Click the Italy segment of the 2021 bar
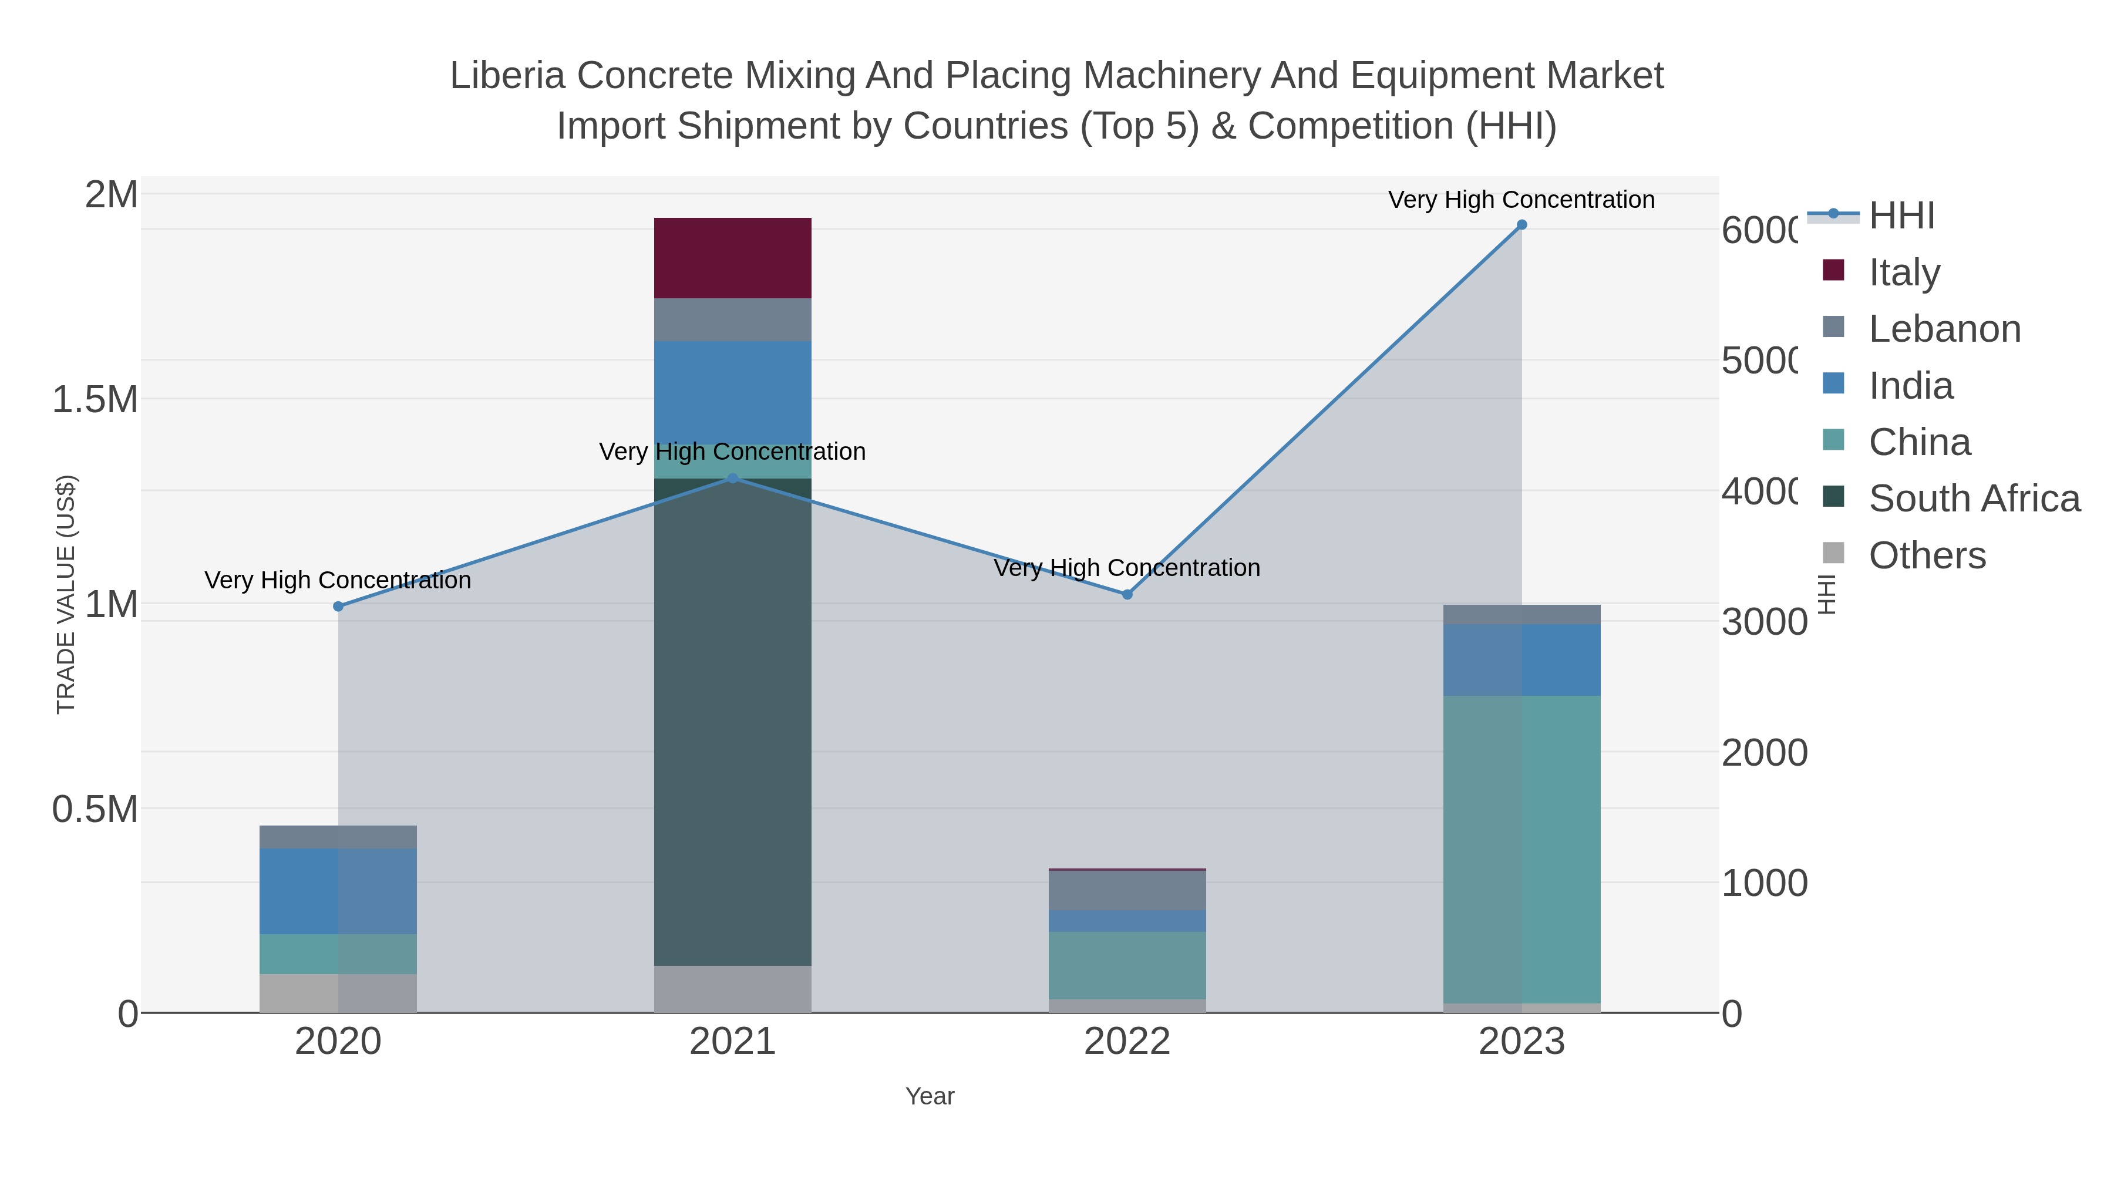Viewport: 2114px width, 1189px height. [x=732, y=258]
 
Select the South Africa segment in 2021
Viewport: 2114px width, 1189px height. [x=732, y=722]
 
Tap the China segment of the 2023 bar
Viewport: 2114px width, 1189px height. [x=1521, y=849]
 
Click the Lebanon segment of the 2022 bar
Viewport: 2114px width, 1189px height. [x=1127, y=890]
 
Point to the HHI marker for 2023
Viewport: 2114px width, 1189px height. [x=1521, y=225]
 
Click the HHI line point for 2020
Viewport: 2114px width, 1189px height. [x=338, y=607]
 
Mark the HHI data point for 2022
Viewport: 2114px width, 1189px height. [x=1127, y=594]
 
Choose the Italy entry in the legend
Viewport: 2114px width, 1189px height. [x=1904, y=272]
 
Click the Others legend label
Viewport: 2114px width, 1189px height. [x=1927, y=555]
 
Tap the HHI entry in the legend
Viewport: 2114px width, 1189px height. [x=1901, y=216]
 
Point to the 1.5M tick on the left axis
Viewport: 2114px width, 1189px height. [x=95, y=400]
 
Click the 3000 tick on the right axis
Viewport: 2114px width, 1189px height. [x=1763, y=622]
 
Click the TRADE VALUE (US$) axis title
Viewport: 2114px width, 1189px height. [x=66, y=594]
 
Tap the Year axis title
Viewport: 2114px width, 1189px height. [x=930, y=1096]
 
